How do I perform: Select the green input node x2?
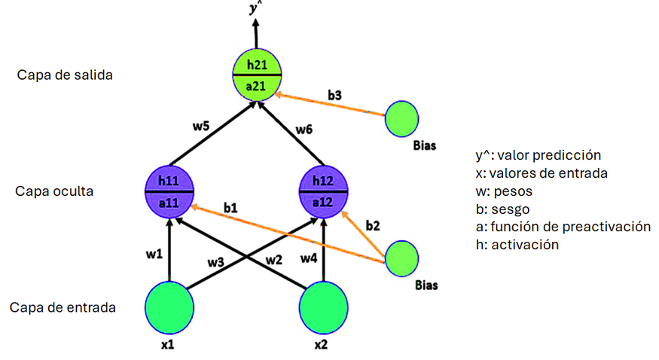324,306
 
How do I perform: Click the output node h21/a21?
256,75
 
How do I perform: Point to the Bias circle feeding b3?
402,118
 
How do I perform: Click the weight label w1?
154,255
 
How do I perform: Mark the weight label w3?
217,262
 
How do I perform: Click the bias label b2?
372,225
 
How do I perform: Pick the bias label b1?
232,206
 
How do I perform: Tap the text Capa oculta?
54,191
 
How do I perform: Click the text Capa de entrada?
63,307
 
